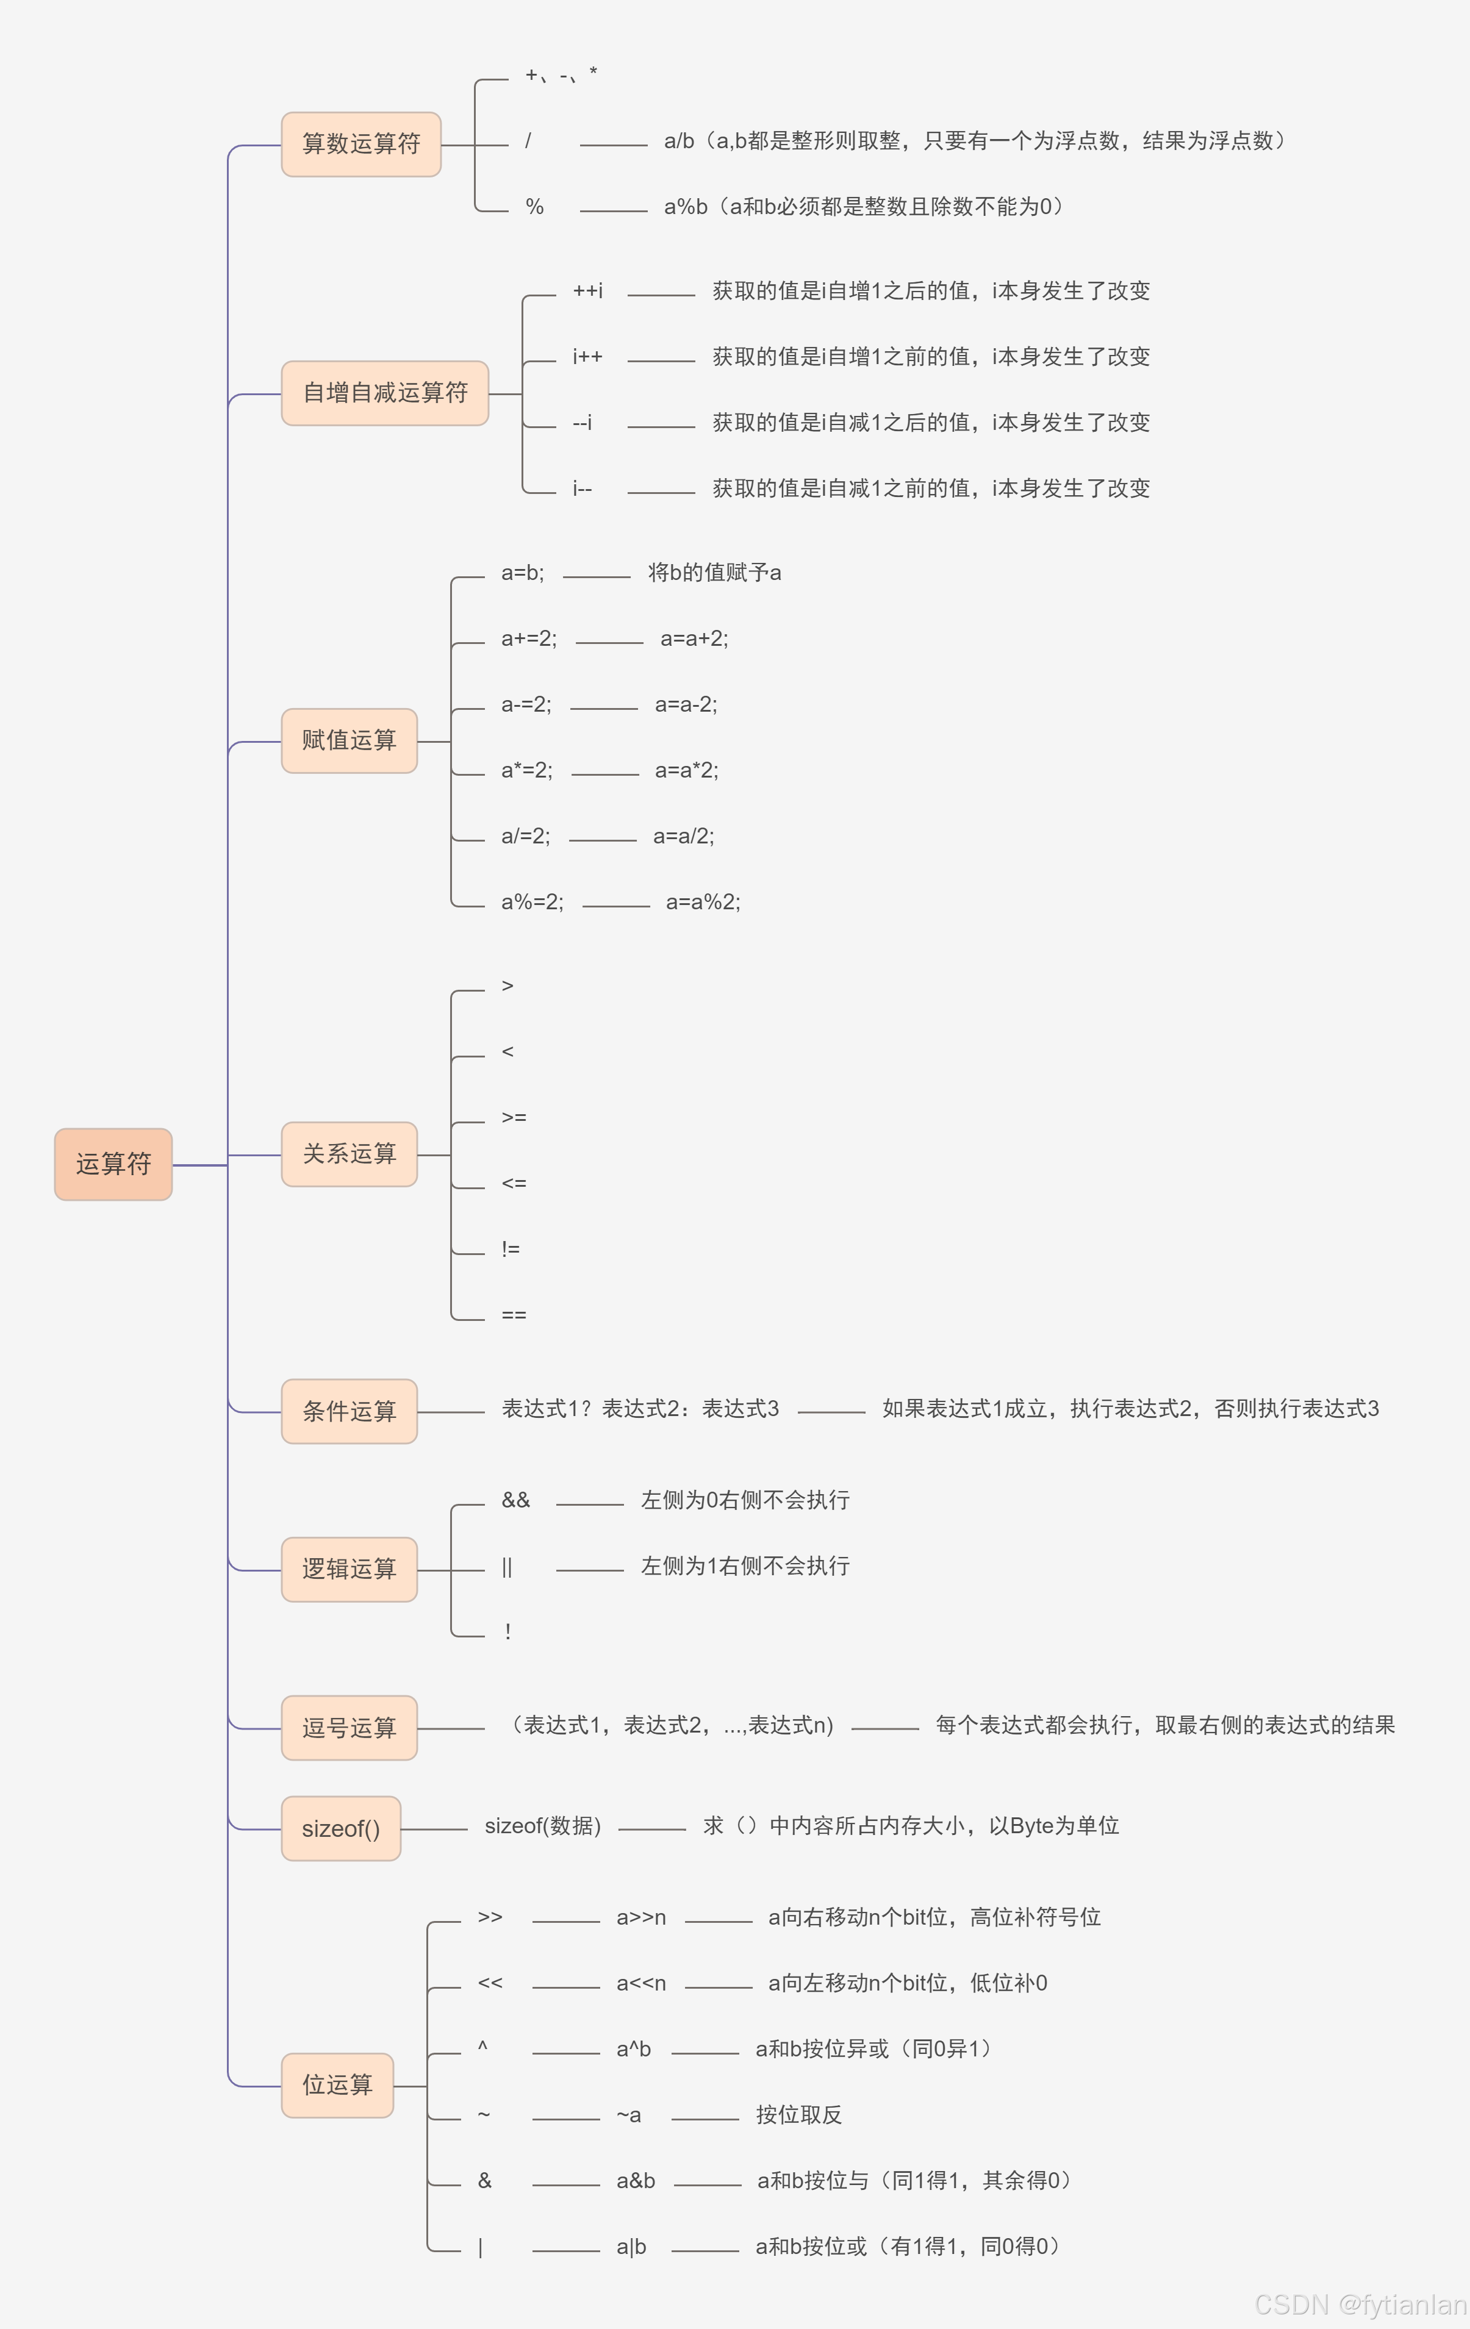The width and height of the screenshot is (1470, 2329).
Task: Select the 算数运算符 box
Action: click(x=360, y=144)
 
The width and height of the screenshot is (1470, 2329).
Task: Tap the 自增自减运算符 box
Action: click(x=385, y=393)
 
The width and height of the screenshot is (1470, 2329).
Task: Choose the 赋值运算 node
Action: click(x=349, y=741)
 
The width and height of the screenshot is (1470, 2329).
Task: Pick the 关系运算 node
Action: click(x=349, y=1154)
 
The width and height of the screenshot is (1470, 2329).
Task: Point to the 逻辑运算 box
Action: click(x=349, y=1569)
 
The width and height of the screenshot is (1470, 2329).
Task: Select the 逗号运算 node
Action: click(x=349, y=1728)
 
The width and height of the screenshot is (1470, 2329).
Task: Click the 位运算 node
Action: click(x=337, y=2085)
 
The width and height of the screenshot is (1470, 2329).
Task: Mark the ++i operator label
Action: click(x=587, y=291)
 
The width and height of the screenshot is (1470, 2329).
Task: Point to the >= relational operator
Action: click(x=514, y=1118)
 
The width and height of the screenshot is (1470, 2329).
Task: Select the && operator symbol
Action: click(x=515, y=1500)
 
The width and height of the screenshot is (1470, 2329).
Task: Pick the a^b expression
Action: click(x=634, y=2050)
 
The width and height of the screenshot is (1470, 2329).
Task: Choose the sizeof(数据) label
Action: click(x=542, y=1826)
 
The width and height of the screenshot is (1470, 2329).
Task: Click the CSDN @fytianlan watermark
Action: click(x=1359, y=2304)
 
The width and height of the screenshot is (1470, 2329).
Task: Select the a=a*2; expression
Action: click(x=686, y=770)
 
